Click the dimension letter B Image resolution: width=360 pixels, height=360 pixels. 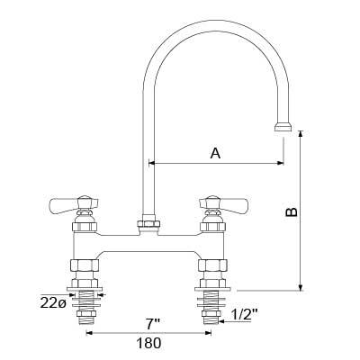coord(291,212)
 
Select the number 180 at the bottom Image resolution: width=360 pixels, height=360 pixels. coord(148,343)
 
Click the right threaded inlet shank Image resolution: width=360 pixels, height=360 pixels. coord(214,301)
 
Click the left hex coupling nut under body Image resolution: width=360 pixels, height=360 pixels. coord(85,266)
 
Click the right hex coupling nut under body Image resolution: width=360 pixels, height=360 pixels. coord(214,266)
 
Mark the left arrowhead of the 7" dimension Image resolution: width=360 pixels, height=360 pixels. coord(90,332)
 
